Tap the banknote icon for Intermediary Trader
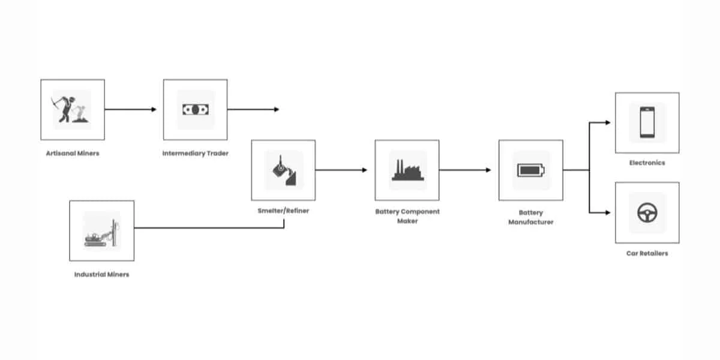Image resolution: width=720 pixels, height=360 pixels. (195, 110)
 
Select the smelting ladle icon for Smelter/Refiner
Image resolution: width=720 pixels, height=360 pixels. (283, 170)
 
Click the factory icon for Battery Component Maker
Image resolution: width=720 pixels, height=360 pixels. (407, 170)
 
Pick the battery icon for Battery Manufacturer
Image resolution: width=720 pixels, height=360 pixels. (530, 170)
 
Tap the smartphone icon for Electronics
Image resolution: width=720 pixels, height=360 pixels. (647, 122)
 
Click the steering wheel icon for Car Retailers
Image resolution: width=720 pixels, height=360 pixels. (647, 212)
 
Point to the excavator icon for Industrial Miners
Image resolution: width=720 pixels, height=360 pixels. (101, 231)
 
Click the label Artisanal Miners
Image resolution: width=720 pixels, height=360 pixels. (73, 153)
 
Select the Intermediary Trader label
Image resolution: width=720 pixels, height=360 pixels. (195, 153)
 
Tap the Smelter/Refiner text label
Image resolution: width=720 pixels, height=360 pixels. (283, 211)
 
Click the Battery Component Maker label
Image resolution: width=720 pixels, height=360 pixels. (407, 216)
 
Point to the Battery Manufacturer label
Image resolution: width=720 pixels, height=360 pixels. (530, 217)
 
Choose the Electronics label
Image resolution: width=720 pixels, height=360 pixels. (647, 163)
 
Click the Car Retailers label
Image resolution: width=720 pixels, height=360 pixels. (647, 253)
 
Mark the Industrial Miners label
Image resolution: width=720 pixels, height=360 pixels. (101, 275)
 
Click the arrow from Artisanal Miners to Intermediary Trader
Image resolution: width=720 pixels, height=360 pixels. (130, 110)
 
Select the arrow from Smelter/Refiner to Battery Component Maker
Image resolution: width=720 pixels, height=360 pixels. (341, 170)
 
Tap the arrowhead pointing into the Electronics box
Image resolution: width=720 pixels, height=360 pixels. (608, 122)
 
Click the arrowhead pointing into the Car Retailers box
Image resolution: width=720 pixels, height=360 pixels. (608, 212)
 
